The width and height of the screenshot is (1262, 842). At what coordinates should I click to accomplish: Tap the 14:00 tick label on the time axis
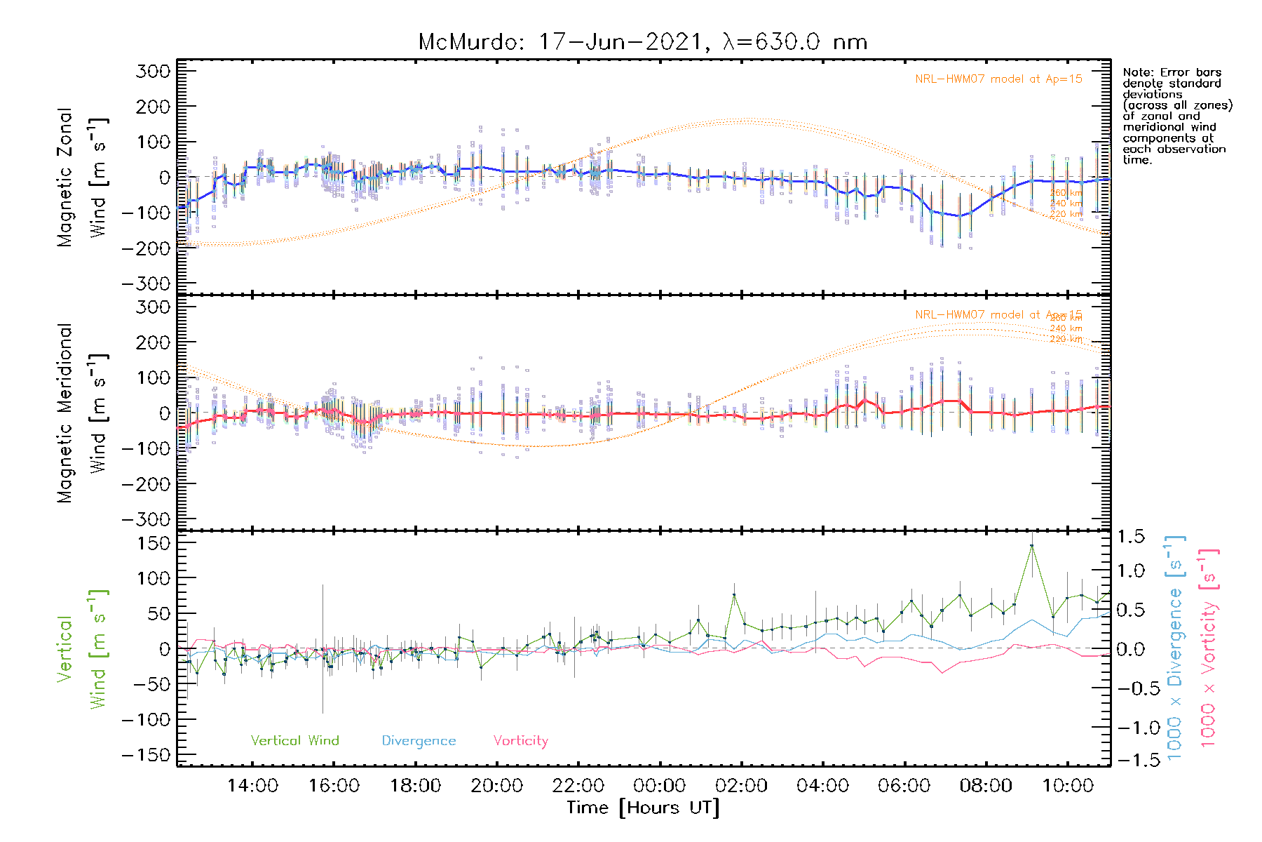252,786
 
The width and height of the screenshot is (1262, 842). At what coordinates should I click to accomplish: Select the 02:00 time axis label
742,786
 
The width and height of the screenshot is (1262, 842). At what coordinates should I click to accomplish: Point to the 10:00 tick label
1068,786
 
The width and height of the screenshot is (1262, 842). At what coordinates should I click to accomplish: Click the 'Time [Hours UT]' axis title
643,808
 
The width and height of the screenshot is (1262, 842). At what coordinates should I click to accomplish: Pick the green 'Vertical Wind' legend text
294,740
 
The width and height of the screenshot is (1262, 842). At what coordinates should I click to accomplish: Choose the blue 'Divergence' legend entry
419,740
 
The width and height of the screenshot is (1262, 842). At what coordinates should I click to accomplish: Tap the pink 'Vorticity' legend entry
520,740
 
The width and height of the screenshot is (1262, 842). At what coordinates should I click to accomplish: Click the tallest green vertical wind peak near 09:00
1031,546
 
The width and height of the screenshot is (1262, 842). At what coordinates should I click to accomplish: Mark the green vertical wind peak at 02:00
734,595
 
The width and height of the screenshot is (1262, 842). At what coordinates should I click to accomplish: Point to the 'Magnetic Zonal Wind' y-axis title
83,178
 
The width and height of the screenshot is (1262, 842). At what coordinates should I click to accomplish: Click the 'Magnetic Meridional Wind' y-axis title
83,413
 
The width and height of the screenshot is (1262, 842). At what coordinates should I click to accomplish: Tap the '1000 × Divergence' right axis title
1174,648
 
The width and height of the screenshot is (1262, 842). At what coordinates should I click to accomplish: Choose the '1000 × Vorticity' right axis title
1208,648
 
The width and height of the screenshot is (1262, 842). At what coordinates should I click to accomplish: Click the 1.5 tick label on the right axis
1131,537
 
